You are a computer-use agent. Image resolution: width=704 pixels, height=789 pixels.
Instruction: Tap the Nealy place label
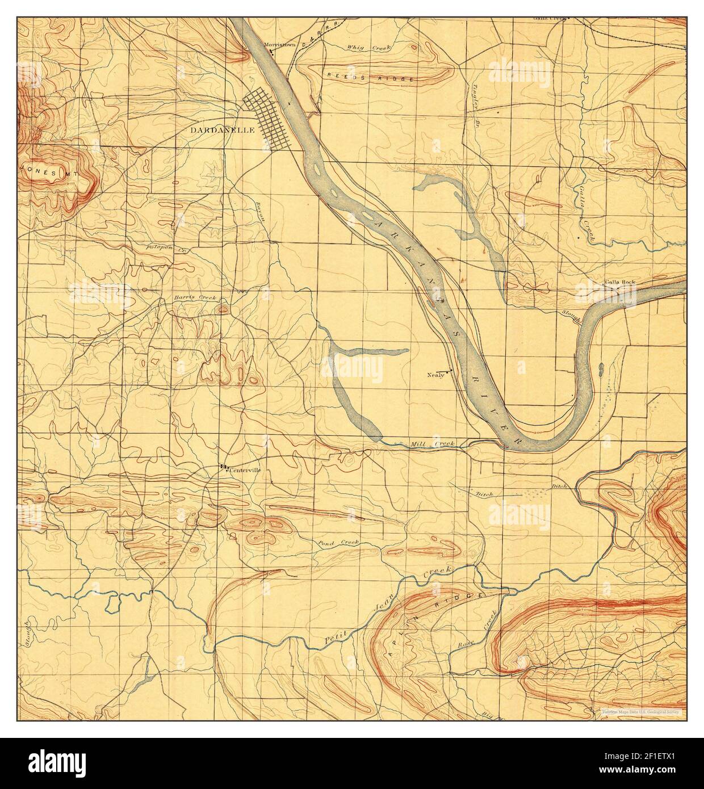click(435, 375)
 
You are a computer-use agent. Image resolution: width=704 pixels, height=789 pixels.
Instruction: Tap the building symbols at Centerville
click(223, 467)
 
